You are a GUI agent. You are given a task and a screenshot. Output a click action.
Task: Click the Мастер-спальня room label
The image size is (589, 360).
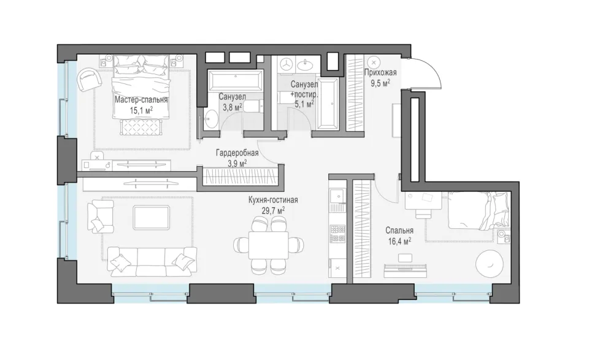tap(141, 99)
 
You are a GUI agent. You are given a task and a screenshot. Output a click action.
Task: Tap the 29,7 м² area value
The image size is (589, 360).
tap(273, 210)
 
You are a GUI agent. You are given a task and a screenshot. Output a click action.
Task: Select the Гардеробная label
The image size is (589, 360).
tap(237, 153)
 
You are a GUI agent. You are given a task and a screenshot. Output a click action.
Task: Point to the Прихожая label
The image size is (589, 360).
tap(381, 72)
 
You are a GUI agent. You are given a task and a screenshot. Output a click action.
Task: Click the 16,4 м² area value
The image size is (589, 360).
tap(399, 241)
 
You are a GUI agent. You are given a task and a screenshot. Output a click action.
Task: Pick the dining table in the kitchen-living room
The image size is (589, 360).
tap(269, 245)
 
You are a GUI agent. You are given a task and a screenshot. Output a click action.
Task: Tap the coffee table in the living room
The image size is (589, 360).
tap(152, 216)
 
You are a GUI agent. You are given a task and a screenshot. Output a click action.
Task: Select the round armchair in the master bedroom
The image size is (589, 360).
tap(89, 79)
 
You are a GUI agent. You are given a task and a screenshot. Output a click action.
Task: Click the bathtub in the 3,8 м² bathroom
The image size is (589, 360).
tap(235, 80)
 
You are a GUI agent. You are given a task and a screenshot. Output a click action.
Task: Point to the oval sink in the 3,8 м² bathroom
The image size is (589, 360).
tap(211, 119)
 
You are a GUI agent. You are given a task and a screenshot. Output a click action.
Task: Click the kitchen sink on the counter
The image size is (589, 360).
tap(337, 196)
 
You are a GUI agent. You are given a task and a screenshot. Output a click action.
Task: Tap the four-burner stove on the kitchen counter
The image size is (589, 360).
tap(337, 234)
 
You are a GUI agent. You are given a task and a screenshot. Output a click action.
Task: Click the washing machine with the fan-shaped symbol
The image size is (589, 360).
tap(287, 64)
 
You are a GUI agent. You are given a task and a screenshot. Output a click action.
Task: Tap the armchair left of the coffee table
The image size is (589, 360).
tap(100, 216)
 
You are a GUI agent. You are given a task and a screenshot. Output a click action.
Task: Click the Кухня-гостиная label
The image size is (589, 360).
tap(273, 200)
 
